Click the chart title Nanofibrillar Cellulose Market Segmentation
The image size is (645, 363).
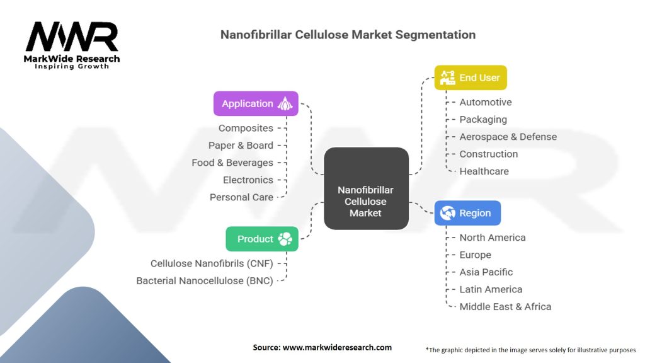tap(348, 35)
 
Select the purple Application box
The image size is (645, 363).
tap(255, 103)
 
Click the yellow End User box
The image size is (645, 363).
tap(470, 78)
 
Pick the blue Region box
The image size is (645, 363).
tap(467, 213)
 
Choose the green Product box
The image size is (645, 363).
tap(261, 239)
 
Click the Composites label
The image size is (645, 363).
tap(246, 128)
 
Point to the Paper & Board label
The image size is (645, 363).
tap(241, 145)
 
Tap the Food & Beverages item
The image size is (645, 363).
tap(232, 163)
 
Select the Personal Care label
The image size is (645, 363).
tap(241, 197)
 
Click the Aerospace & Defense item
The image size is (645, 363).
tap(508, 137)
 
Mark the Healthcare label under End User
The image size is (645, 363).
tap(484, 171)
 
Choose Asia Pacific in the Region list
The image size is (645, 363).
tap(486, 272)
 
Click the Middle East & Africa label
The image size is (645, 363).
tap(505, 307)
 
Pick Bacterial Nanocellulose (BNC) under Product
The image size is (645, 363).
tap(205, 281)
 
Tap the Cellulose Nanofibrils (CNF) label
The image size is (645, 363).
tap(212, 263)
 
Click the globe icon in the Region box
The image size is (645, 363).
tap(448, 213)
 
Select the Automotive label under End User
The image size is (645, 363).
tap(485, 102)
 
